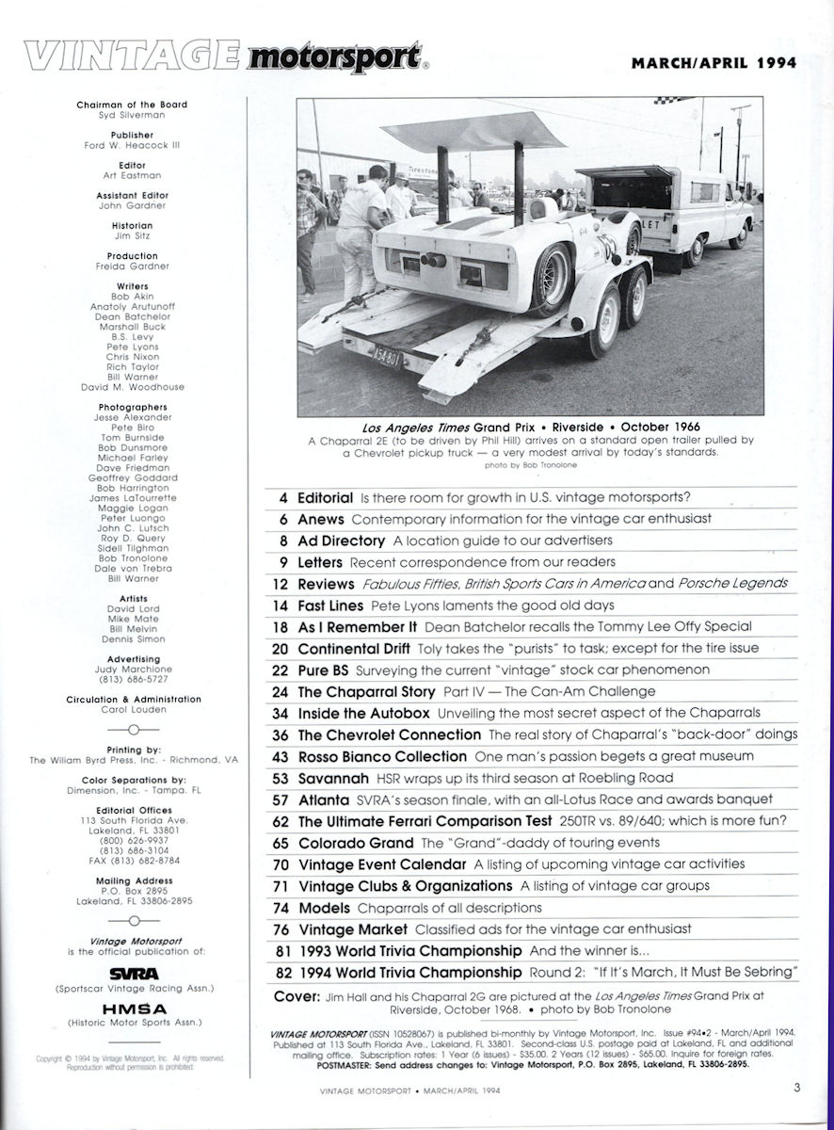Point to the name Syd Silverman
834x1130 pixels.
pyautogui.click(x=132, y=115)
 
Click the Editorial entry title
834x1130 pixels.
pyautogui.click(x=325, y=496)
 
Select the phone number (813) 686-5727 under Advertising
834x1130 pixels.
pyautogui.click(x=132, y=678)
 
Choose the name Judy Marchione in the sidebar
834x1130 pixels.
pyautogui.click(x=132, y=669)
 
